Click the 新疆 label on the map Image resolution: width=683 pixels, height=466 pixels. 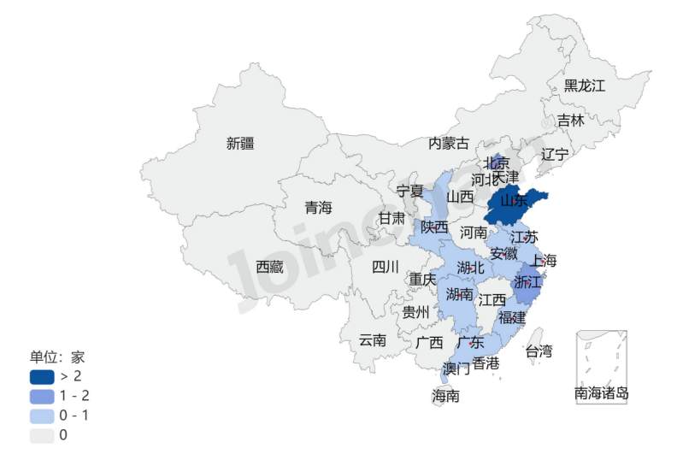click(240, 144)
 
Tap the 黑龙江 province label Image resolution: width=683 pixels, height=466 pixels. click(584, 86)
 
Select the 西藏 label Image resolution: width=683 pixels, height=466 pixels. click(269, 267)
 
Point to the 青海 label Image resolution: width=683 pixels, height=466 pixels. click(318, 208)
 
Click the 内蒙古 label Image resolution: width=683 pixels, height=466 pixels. click(449, 143)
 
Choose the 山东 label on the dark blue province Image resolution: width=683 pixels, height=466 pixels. click(513, 201)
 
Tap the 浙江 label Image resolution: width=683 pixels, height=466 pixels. click(527, 281)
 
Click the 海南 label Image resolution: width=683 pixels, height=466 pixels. click(445, 396)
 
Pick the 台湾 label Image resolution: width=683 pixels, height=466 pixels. click(539, 351)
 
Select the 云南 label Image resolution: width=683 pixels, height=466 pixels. click(372, 339)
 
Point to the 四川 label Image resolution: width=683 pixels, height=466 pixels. click(386, 267)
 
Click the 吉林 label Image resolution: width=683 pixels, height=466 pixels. click(571, 121)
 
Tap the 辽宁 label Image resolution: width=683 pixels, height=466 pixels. click(555, 155)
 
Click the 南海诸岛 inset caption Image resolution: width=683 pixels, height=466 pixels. click(602, 393)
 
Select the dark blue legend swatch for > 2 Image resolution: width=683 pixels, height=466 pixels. click(42, 376)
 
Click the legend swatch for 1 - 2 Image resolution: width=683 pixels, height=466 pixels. click(42, 396)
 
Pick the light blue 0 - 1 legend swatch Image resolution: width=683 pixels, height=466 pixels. click(42, 416)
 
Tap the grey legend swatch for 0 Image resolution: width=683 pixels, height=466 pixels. click(42, 435)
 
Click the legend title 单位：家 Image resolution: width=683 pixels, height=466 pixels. click(57, 357)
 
